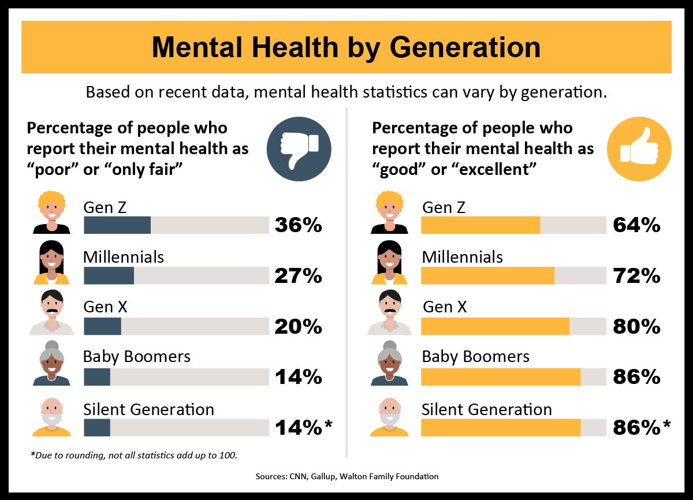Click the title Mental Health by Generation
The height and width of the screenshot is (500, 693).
tap(346, 47)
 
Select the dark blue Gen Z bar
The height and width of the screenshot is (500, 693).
tap(117, 225)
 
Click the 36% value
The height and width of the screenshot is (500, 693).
tap(298, 225)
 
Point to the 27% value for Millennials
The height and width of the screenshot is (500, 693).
tap(298, 276)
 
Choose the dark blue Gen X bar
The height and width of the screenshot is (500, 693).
tap(102, 326)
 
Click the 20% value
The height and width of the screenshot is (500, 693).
tap(298, 327)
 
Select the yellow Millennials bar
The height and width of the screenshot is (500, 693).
tap(487, 276)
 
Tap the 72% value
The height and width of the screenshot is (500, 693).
tap(636, 276)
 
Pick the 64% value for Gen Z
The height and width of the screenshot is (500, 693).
tap(636, 225)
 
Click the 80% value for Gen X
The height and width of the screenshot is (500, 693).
tap(636, 327)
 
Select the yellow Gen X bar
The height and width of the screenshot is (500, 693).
tap(495, 326)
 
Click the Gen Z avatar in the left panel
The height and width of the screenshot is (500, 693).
tap(51, 212)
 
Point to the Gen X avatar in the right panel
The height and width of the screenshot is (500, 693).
tap(389, 313)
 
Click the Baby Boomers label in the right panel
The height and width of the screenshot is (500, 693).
tap(475, 357)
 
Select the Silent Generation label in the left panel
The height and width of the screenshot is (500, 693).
tap(148, 409)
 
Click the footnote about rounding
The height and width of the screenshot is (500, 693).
tap(133, 456)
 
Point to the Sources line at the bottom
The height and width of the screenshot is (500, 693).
tap(346, 476)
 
